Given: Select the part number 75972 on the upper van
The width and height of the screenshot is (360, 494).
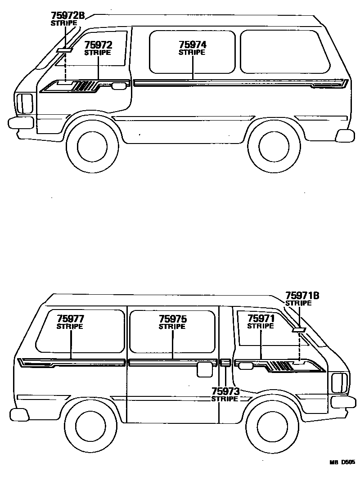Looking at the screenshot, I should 98,45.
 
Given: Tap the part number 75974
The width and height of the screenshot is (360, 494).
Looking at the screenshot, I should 192,45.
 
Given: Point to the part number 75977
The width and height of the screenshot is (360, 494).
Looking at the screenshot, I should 70,319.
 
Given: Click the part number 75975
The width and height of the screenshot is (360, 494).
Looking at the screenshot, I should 172,319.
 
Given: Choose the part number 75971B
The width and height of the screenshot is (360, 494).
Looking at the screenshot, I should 302,296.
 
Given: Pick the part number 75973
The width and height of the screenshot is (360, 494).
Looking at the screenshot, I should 225,391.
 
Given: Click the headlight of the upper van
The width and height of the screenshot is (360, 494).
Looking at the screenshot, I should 24,103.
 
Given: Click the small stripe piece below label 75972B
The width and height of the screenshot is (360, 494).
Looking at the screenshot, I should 64,49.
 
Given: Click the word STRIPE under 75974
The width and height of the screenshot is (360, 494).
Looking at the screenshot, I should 192,53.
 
